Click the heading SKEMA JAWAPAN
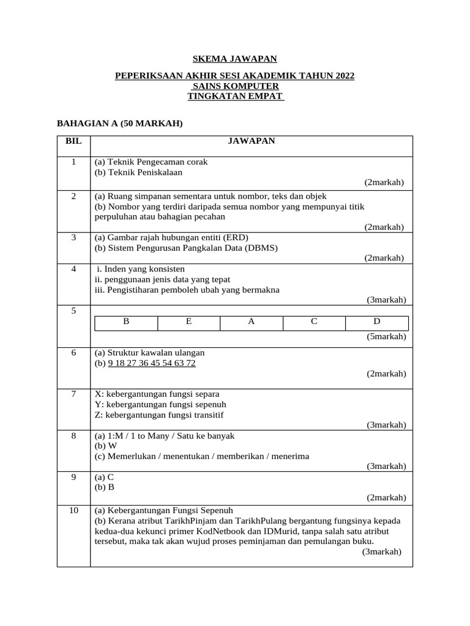tap(235, 59)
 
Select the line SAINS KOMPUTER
tap(235, 86)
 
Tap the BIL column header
tap(73, 141)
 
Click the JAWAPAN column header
tap(252, 141)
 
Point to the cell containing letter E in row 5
tap(189, 321)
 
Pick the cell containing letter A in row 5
tap(252, 321)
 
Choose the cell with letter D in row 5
tap(377, 321)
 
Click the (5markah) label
tap(386, 337)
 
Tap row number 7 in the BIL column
tap(73, 394)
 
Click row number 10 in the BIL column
tap(73, 510)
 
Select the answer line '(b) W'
tap(105, 446)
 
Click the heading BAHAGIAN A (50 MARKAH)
tap(120, 123)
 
